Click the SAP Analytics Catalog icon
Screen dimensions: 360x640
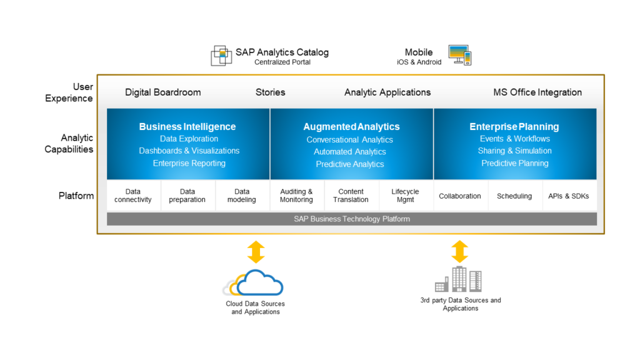point(221,56)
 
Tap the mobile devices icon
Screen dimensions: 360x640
point(459,55)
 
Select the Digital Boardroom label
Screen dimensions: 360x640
point(163,92)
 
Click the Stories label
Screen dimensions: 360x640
point(271,92)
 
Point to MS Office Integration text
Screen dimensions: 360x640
point(537,92)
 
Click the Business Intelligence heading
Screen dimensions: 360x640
point(187,127)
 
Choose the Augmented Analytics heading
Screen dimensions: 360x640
point(351,127)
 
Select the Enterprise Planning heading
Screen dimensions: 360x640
point(514,127)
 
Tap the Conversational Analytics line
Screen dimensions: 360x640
point(350,140)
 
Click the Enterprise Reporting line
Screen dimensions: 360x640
point(189,164)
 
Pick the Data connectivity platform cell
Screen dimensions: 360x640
point(133,196)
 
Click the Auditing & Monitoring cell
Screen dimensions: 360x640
point(296,196)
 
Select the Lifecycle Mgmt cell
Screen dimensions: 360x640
point(405,196)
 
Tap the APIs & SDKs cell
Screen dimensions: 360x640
point(568,196)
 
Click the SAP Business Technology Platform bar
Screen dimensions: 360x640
point(352,219)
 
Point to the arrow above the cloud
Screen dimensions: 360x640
point(256,251)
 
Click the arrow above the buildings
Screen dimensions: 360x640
point(460,251)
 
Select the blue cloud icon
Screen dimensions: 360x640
point(259,282)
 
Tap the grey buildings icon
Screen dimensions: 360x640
point(459,279)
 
